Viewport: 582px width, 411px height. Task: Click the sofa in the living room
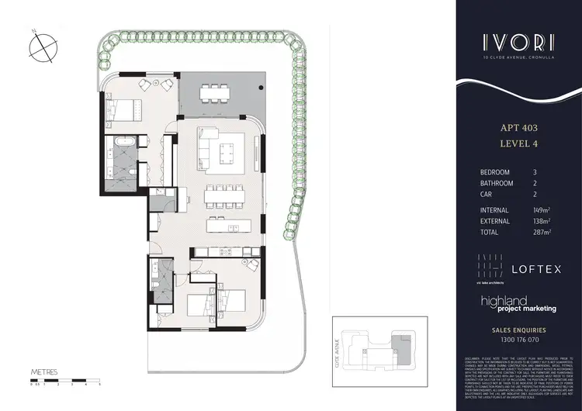click(x=207, y=143)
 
